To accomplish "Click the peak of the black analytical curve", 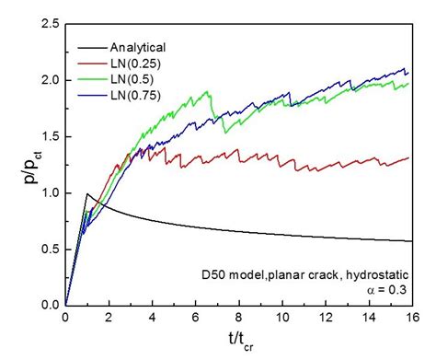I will point(86,193).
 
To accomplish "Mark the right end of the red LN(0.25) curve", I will point(408,157).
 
